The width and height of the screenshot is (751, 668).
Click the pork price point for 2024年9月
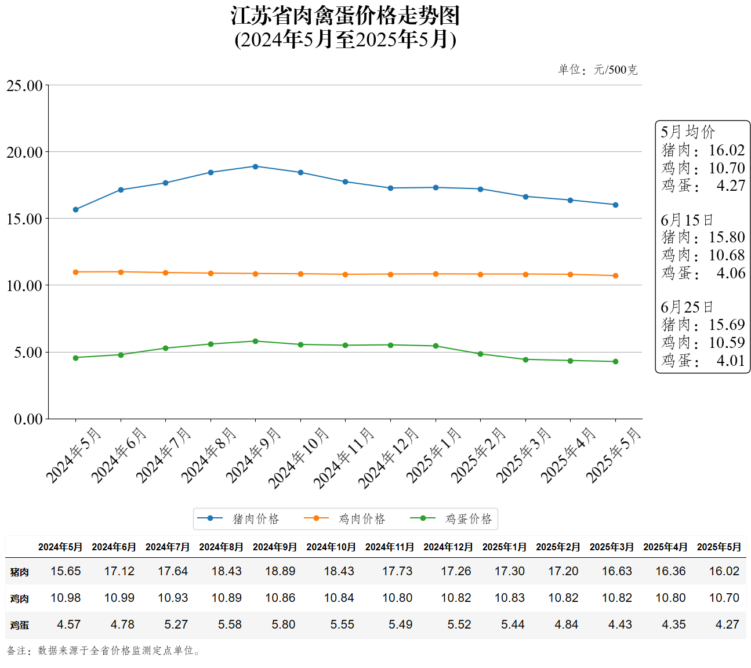click(255, 166)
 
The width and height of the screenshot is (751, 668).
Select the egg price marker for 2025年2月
click(480, 354)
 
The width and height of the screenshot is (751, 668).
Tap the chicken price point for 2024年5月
click(75, 272)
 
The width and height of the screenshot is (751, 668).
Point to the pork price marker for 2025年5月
click(615, 205)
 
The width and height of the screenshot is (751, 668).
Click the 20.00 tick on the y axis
click(25, 153)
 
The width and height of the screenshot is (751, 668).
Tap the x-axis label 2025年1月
click(434, 455)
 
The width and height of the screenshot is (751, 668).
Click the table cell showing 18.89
click(280, 571)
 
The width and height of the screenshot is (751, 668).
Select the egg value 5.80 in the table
click(284, 625)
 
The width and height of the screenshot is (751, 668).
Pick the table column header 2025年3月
click(611, 547)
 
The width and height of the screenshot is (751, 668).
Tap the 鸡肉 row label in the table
click(19, 598)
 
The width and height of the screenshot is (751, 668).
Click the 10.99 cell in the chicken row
click(119, 598)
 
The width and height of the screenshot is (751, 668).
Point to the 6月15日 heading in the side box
click(687, 220)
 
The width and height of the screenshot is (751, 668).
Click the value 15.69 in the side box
click(727, 325)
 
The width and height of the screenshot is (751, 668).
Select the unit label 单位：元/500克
click(597, 70)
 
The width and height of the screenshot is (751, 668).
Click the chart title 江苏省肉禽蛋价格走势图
click(345, 16)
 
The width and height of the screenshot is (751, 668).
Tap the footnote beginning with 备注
click(104, 651)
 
